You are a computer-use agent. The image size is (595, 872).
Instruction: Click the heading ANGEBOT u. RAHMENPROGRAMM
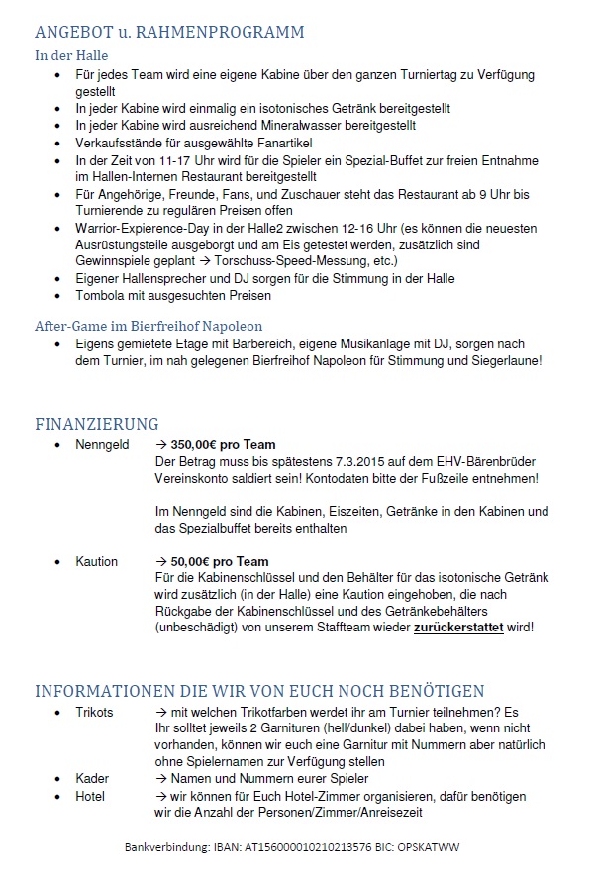coord(169,32)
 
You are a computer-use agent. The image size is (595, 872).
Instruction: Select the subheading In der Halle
coord(71,55)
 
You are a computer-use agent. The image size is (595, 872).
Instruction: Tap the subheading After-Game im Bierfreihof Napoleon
coord(148,325)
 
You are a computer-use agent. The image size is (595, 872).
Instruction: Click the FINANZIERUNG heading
coord(96,425)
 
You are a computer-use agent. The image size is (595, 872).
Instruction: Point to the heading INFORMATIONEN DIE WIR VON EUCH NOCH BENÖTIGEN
coord(259,691)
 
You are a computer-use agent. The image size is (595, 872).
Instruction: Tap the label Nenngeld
coord(102,445)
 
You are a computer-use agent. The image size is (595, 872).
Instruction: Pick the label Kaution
coord(96,561)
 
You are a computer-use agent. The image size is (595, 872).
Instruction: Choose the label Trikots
coord(94,712)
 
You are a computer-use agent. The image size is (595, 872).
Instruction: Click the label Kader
coord(92,779)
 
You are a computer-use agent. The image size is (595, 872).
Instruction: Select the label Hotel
coord(90,796)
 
